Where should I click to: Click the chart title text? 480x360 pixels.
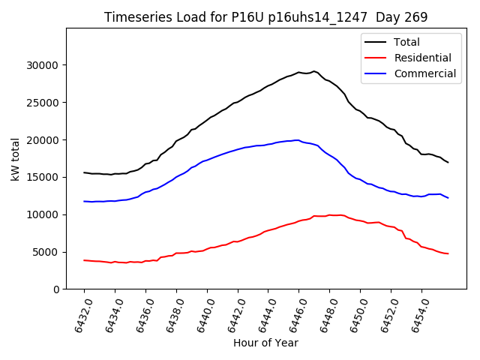click(x=265, y=17)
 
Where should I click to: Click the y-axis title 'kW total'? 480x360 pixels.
click(x=15, y=159)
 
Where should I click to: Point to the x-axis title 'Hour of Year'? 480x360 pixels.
click(x=265, y=343)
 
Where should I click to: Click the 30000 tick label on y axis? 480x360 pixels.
click(x=43, y=65)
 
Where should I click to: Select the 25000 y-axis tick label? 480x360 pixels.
click(x=43, y=103)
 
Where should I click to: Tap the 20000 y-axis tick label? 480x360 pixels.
click(x=43, y=140)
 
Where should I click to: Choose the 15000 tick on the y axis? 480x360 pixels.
click(x=43, y=177)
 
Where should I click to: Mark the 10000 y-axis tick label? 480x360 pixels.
click(x=43, y=214)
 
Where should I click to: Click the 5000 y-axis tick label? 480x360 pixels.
click(x=46, y=252)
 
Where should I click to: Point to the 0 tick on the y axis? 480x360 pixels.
click(x=56, y=289)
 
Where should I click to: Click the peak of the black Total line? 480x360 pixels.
click(x=314, y=71)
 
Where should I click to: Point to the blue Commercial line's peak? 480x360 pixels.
click(x=298, y=140)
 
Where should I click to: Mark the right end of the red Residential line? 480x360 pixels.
click(x=448, y=253)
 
